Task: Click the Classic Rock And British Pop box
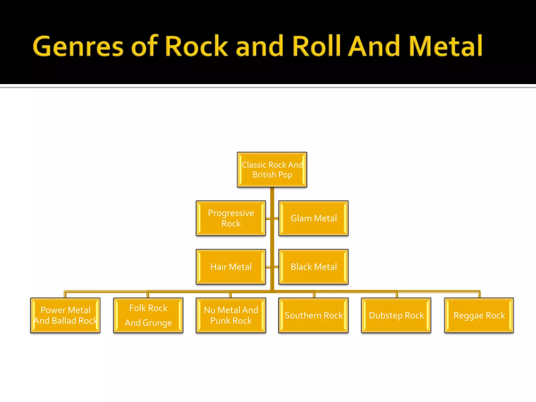point(272,170)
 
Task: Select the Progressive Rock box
point(231,218)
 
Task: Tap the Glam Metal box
point(314,218)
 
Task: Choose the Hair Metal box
point(231,267)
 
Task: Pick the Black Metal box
point(314,267)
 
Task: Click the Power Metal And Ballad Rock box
point(65,315)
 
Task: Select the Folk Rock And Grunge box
point(148,315)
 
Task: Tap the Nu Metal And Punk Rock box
point(231,315)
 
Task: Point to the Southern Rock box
point(314,315)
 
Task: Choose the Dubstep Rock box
point(396,315)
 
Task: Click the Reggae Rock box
point(479,315)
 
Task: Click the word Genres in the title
point(78,46)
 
